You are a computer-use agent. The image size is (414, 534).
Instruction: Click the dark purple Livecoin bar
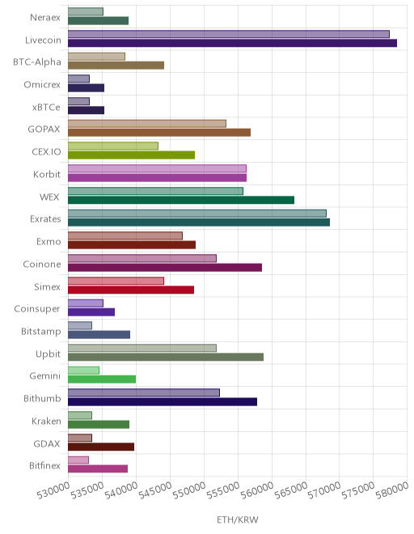(x=232, y=43)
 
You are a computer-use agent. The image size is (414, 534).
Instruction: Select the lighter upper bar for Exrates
(x=197, y=214)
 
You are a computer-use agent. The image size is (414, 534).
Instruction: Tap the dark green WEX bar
(x=181, y=200)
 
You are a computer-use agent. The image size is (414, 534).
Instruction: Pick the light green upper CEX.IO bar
(x=113, y=146)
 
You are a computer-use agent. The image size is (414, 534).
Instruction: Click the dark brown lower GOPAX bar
(x=159, y=133)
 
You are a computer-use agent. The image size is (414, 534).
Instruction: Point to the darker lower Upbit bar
(x=166, y=357)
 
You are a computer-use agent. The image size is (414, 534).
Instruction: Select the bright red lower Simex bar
(x=131, y=290)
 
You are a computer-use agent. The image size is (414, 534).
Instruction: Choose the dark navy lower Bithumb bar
(x=163, y=402)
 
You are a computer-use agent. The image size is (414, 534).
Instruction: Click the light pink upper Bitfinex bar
(x=78, y=460)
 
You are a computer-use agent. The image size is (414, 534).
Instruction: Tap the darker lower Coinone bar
(x=165, y=267)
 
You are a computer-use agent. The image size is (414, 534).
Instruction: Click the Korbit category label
(x=47, y=175)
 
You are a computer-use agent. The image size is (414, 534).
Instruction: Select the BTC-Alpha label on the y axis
(x=37, y=62)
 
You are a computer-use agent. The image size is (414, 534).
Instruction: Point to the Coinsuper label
(x=37, y=309)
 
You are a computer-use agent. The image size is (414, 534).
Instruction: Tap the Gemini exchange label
(x=45, y=376)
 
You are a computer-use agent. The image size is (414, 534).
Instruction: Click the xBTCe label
(x=46, y=108)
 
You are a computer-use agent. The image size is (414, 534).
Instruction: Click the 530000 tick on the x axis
(x=53, y=491)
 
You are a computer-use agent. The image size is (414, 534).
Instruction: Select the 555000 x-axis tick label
(x=223, y=491)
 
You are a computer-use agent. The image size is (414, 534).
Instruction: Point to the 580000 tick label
(x=392, y=491)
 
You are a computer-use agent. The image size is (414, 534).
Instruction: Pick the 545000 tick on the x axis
(x=155, y=491)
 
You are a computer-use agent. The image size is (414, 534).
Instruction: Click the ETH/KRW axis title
(x=238, y=520)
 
